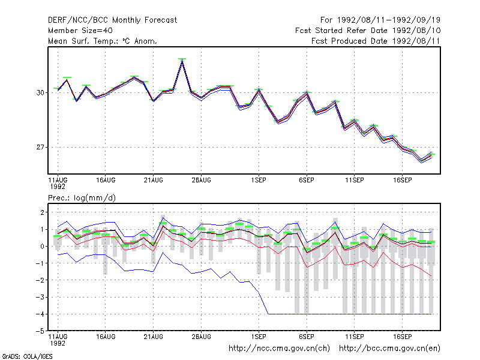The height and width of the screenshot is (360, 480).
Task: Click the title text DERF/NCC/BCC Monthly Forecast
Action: point(112,20)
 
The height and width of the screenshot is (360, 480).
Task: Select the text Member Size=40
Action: point(80,31)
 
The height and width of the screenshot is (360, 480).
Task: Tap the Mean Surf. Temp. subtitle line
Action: point(103,41)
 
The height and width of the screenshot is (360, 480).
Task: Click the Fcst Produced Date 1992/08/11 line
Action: point(376,41)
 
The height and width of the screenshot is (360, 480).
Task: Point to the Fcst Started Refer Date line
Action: point(368,31)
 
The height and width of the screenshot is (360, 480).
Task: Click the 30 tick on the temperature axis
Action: point(40,92)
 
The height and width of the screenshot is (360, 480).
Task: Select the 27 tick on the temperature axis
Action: point(40,147)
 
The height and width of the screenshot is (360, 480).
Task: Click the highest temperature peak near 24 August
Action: point(182,61)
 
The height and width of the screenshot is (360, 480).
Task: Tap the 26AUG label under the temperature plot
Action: point(201,180)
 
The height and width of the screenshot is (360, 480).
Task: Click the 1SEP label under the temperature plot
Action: point(259,180)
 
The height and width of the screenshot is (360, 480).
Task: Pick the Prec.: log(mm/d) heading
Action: point(82,198)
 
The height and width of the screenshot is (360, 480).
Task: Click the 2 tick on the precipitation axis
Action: point(42,212)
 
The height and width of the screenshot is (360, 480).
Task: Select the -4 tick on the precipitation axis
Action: point(40,314)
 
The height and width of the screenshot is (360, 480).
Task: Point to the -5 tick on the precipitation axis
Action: point(40,331)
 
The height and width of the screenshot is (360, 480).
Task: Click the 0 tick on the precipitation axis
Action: point(42,246)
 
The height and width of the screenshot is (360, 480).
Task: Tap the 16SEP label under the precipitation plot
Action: point(402,337)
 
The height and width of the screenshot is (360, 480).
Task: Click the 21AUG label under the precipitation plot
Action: point(154,337)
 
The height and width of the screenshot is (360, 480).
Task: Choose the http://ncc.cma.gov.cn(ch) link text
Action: point(279,349)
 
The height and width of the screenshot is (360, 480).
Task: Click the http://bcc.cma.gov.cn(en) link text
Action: point(389,349)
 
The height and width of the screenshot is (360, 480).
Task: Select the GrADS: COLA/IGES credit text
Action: point(27,356)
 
